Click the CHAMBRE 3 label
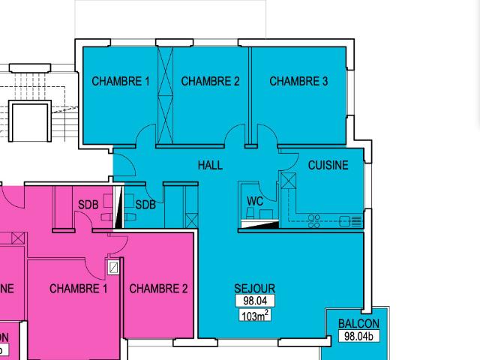point(298,81)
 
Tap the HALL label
point(210,165)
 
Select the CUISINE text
point(328,165)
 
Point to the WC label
point(255,201)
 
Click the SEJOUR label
point(254,289)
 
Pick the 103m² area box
point(255,316)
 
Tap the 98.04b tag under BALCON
point(358,337)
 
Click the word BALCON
point(358,324)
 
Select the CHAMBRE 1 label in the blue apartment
point(121,81)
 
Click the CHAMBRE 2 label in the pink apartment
point(158,289)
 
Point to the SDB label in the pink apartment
point(88,204)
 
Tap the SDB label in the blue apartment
point(145,204)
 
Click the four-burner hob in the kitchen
point(315,220)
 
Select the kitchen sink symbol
point(349,220)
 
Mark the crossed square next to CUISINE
point(287,181)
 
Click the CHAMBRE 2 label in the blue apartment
point(210,81)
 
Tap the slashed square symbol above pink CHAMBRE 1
point(113,266)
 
